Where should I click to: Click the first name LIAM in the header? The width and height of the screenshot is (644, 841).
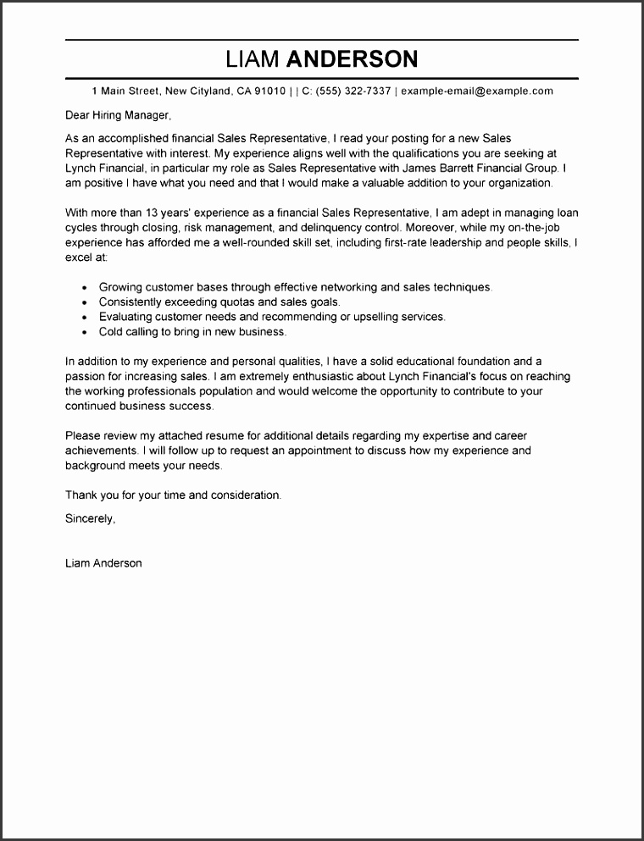click(253, 59)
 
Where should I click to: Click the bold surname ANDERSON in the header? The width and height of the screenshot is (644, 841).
click(353, 59)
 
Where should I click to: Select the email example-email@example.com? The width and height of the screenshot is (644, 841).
click(477, 91)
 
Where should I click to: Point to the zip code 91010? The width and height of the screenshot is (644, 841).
click(268, 91)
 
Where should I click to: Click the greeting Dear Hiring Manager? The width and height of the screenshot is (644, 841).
click(118, 115)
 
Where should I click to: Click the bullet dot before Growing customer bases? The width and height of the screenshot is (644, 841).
click(85, 288)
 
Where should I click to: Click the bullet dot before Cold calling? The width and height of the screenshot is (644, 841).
click(85, 333)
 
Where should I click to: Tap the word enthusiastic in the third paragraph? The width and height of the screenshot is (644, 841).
click(283, 377)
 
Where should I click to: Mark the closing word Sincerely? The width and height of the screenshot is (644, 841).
click(90, 518)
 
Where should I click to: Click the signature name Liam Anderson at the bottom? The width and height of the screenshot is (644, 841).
click(103, 563)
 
